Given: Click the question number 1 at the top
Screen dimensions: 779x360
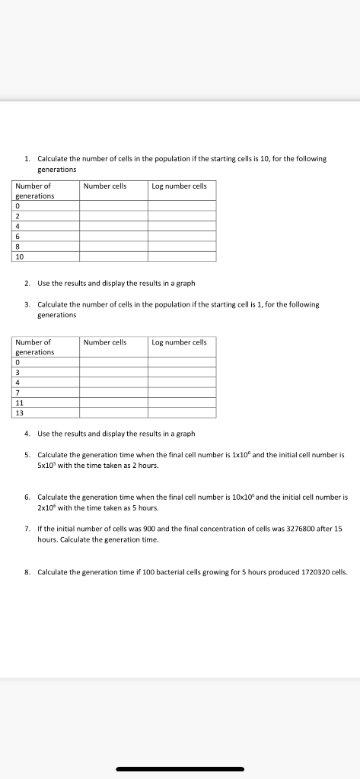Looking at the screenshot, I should click(27, 159).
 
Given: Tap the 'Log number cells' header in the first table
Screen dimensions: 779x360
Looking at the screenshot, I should click(179, 186).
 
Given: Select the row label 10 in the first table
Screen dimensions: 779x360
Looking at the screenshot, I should click(19, 256).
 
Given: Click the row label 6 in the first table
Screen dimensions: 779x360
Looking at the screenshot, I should click(17, 236).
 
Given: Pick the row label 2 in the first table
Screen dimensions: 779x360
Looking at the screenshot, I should click(17, 215).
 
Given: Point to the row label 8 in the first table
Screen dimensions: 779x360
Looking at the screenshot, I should click(17, 246).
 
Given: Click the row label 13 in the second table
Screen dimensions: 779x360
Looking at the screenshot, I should click(19, 412).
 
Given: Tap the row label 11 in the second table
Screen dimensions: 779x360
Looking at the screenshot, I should click(19, 402).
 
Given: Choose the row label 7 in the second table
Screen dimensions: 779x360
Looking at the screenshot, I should click(17, 393).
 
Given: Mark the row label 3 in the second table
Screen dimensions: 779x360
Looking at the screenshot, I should click(17, 372).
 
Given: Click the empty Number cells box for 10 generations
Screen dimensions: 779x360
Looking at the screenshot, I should click(113, 256).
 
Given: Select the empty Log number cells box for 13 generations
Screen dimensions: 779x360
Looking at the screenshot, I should click(182, 412).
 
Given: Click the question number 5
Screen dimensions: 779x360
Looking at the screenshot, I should click(27, 454).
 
